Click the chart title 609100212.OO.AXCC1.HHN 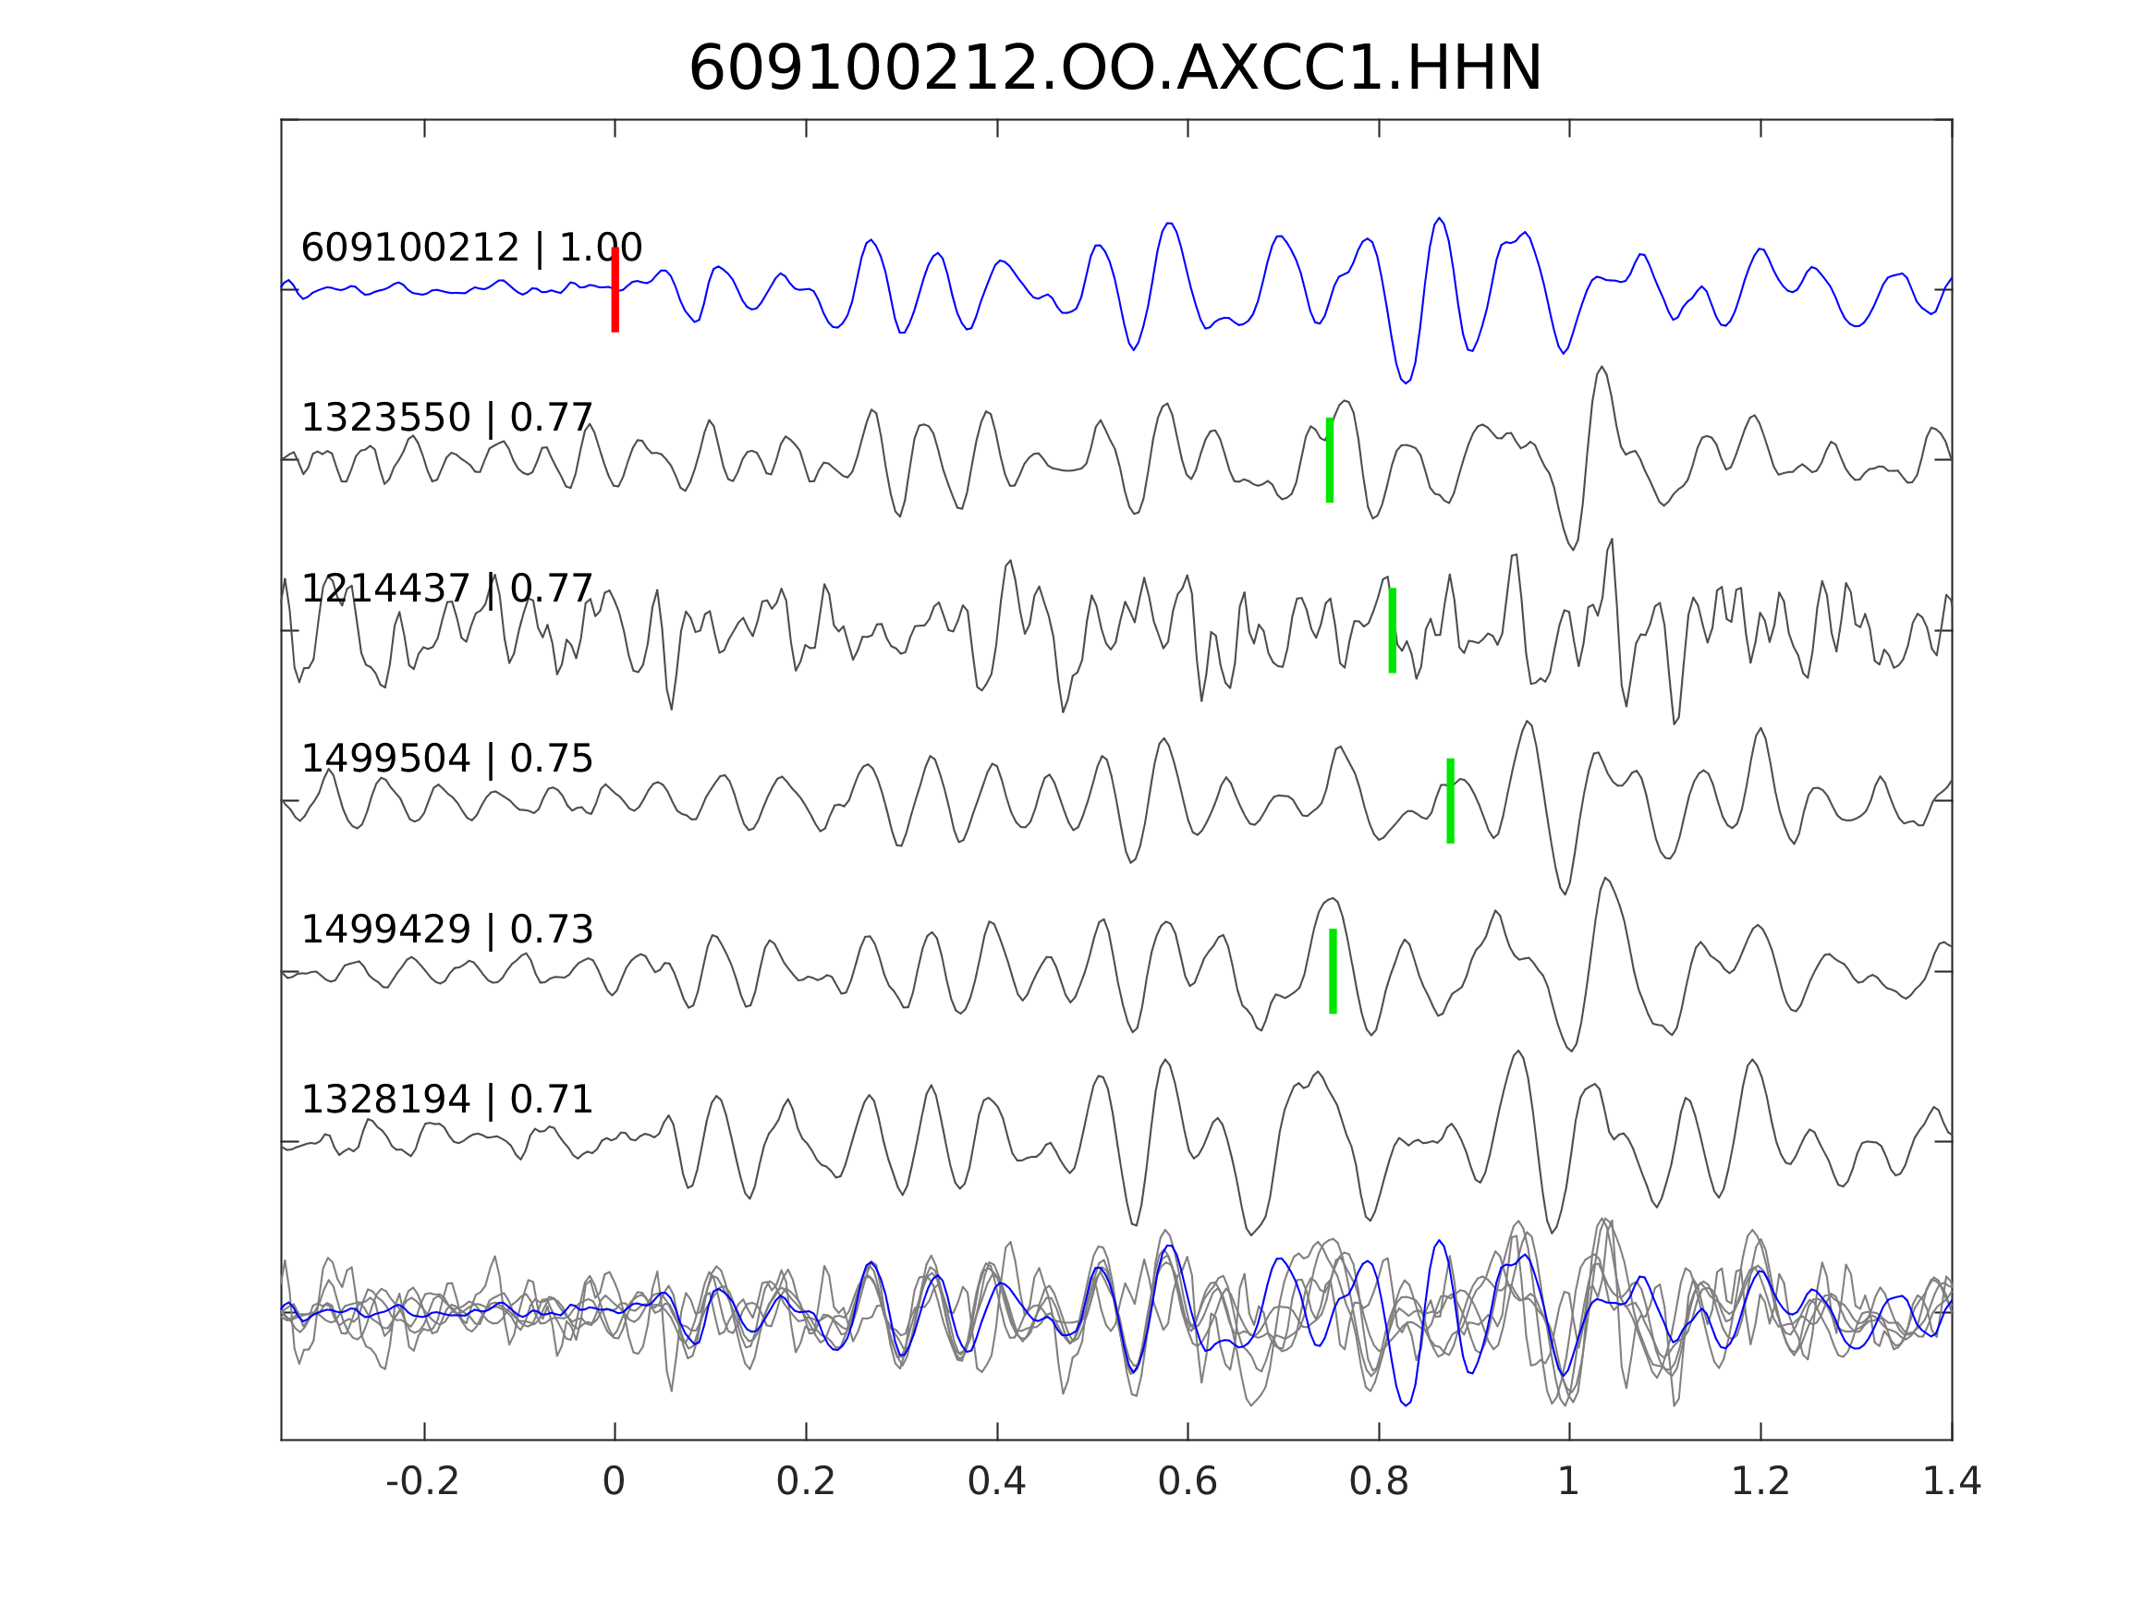[1115, 69]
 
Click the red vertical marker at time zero [615, 289]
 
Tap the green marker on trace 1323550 [1330, 460]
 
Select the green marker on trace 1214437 [1392, 630]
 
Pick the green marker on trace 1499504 [1450, 801]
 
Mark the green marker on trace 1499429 [1333, 972]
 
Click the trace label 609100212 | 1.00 [471, 249]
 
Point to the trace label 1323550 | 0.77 [446, 419]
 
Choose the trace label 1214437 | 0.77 [446, 589]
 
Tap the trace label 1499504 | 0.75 [446, 760]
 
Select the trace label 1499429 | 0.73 [446, 930]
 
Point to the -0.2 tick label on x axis [422, 1482]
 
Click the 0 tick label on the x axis [614, 1482]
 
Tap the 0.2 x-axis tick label [805, 1482]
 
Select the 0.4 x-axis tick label [996, 1482]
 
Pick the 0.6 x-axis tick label [1188, 1482]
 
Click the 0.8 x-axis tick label [1378, 1482]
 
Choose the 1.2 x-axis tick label [1760, 1482]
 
